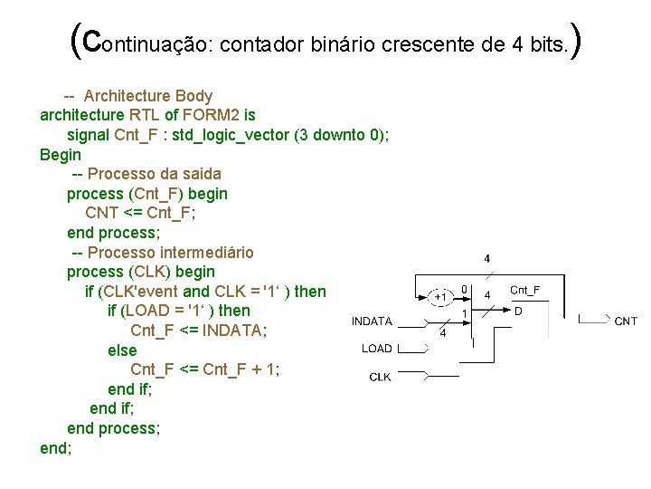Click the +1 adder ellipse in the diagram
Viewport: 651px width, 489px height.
[440, 296]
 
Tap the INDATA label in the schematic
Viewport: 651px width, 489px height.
[372, 321]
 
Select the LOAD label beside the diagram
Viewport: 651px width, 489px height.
[377, 349]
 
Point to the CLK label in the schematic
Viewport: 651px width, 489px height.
[381, 377]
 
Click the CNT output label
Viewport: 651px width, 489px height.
[626, 321]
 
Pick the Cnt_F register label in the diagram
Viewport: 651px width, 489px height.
[525, 290]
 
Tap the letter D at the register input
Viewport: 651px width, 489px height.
[518, 311]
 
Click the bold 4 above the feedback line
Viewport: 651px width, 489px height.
[487, 259]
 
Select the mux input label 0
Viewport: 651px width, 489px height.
[464, 290]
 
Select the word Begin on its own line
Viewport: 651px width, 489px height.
[61, 154]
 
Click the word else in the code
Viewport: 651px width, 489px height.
[122, 350]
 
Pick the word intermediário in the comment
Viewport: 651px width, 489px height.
[209, 252]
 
